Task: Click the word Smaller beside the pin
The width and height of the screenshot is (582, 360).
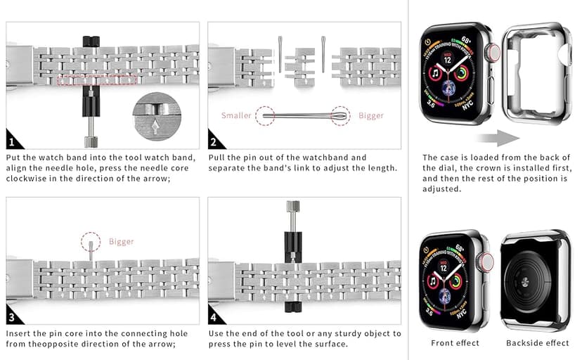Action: point(236,115)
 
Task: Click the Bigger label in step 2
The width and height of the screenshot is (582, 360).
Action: point(371,115)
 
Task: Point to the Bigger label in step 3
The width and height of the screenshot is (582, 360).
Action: point(122,242)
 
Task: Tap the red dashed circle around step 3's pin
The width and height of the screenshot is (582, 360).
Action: point(90,241)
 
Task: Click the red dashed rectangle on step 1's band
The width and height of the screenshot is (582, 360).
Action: point(97,81)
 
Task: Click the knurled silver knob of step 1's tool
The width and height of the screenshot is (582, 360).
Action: point(91,136)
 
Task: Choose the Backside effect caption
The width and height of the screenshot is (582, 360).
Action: point(538,343)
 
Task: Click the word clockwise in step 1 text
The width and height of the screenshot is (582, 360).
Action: point(25,179)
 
